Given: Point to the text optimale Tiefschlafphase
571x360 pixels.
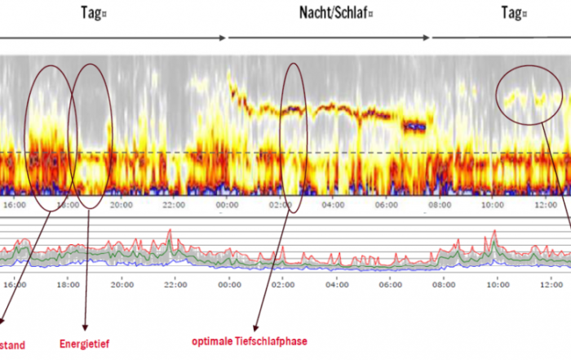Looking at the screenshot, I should tap(250, 340).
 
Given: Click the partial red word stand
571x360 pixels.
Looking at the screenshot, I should tap(11, 344).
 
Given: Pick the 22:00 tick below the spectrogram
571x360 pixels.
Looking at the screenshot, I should tap(175, 207).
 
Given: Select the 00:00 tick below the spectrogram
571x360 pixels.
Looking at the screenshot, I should tap(229, 207).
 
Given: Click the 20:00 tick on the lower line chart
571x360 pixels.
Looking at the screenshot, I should tap(122, 285).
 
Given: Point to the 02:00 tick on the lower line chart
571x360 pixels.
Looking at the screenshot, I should tap(283, 285).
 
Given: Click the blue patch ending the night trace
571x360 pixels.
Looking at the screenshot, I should tap(416, 127).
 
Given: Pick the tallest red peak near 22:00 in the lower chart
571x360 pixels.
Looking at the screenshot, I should tap(170, 232).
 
